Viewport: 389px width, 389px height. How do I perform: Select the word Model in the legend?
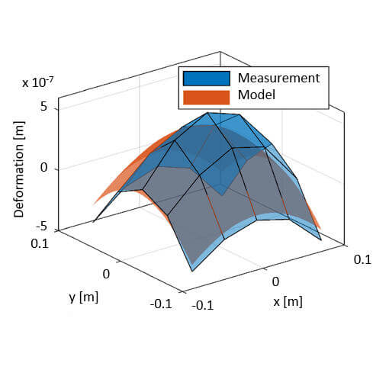coord(256,96)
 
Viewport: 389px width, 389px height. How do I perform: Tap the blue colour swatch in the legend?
coord(206,78)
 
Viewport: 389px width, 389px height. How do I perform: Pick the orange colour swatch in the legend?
coord(206,97)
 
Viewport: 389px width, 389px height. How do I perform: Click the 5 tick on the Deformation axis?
coord(43,108)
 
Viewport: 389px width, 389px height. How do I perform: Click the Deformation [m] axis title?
coord(19,168)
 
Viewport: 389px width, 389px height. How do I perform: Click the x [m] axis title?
coord(288,301)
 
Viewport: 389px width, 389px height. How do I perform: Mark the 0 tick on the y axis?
coord(106,273)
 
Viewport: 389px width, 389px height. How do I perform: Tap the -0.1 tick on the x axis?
coord(202,305)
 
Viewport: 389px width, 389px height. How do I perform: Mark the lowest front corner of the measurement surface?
coord(192,269)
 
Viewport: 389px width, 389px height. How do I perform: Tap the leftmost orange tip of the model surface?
coord(95,204)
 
